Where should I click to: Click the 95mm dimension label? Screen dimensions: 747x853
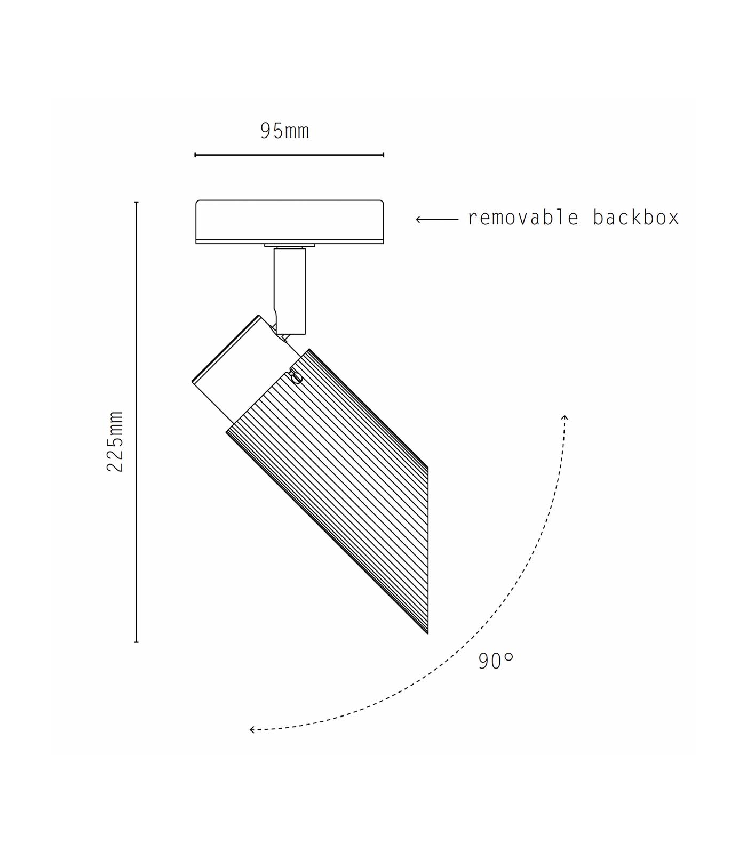[284, 131]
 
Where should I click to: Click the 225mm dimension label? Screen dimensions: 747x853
[115, 441]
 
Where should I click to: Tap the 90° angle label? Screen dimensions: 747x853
[496, 661]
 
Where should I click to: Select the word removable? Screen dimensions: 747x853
[523, 218]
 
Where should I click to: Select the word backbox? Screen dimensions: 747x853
[636, 218]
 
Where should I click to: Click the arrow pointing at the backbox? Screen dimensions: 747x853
[437, 219]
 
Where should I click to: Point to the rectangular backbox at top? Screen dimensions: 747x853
[290, 222]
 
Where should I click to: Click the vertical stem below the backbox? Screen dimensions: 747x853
[290, 291]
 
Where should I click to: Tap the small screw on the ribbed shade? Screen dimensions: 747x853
[297, 377]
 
